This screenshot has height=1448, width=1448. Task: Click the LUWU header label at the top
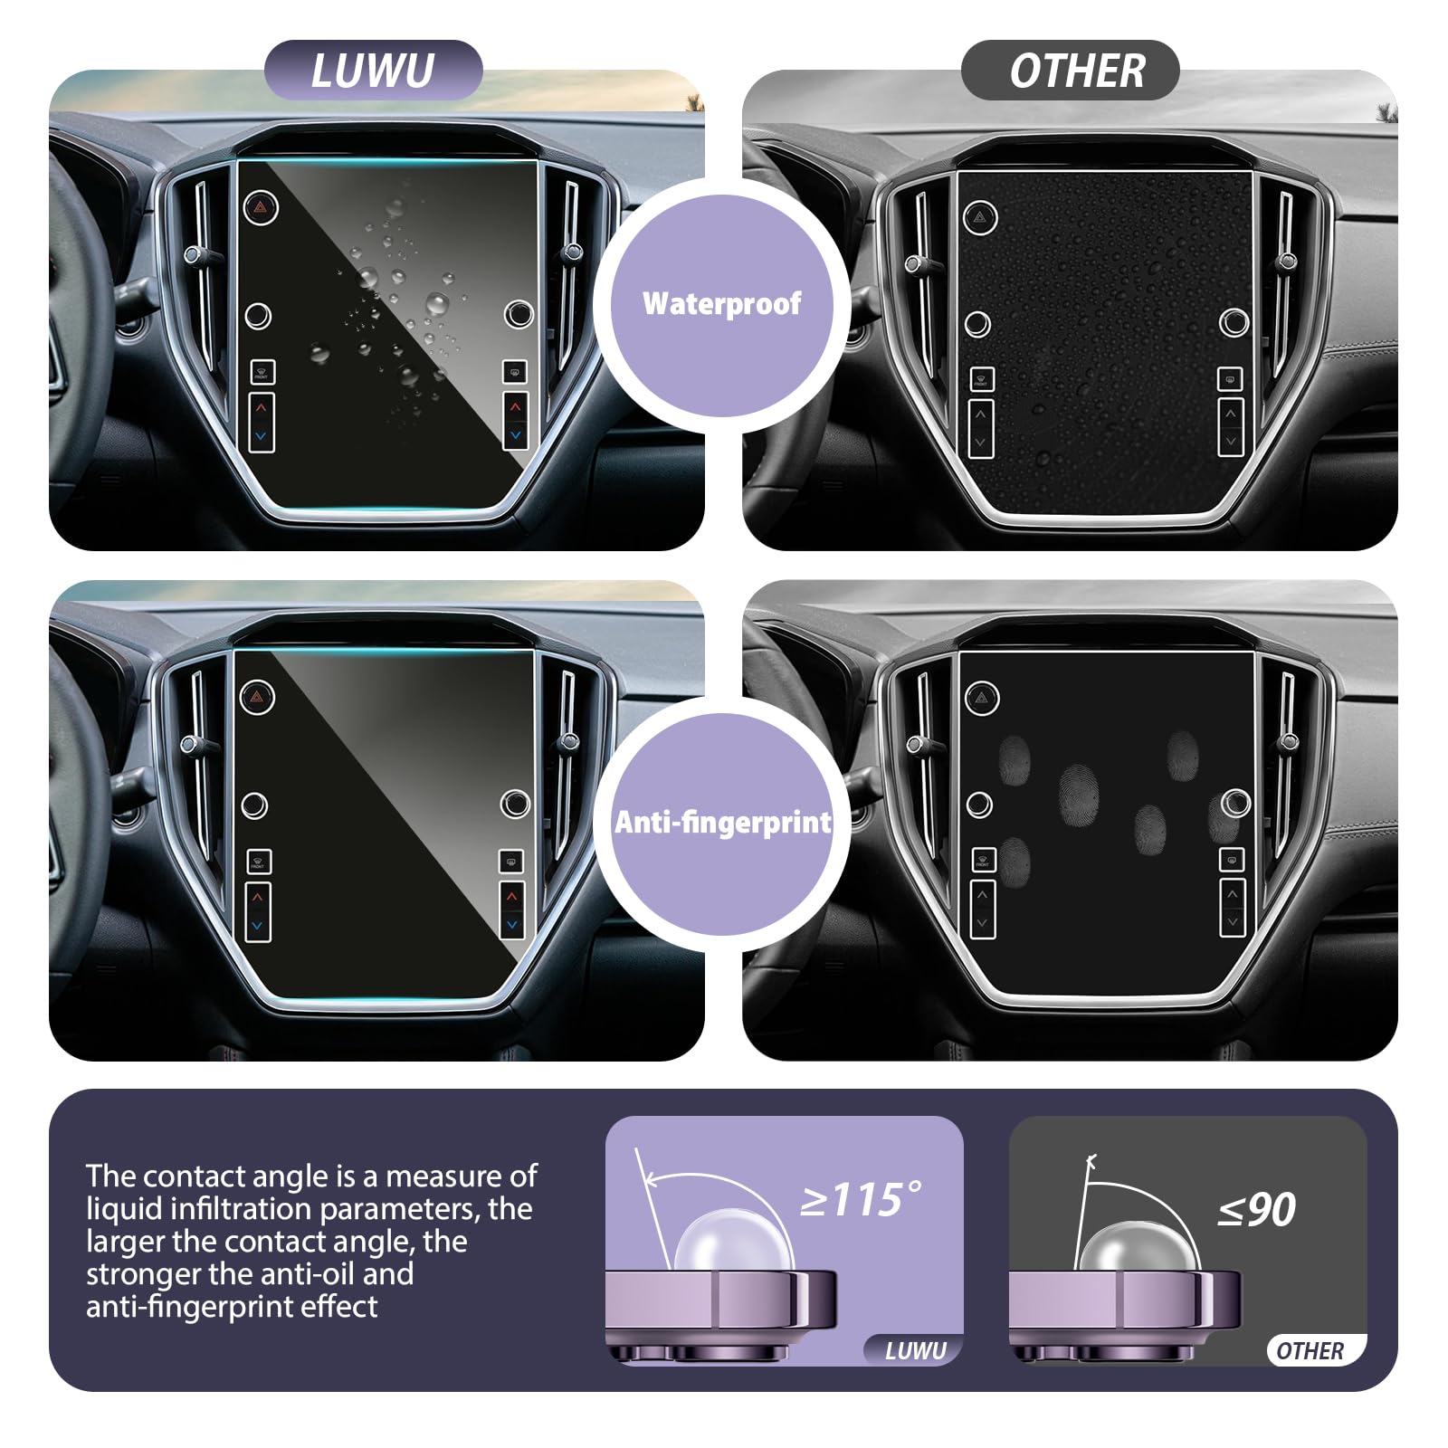point(373,71)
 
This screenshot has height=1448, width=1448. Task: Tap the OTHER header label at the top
point(1077,71)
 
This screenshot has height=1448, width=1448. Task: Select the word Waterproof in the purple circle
point(721,303)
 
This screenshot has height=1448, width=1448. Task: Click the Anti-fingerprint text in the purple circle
point(722,822)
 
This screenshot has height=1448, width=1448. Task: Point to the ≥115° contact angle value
point(861,1200)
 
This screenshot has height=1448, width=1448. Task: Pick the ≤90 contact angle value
point(1257,1209)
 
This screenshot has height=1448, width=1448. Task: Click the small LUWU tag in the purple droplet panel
point(916,1351)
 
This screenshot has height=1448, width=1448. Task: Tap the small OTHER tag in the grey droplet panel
point(1310,1351)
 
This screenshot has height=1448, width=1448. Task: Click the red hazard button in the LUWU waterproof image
point(261,207)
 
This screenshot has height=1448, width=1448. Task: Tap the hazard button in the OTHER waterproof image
point(980,218)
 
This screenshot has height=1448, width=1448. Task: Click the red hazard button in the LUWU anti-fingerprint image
point(258,697)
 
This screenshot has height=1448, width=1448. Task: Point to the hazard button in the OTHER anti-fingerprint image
point(982,698)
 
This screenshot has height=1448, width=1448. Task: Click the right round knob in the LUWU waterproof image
point(519,314)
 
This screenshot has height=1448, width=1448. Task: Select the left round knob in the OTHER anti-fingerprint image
point(979,804)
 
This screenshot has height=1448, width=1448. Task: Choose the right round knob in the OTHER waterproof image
point(1234,321)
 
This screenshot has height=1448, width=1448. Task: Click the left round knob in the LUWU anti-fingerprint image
point(254,805)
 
